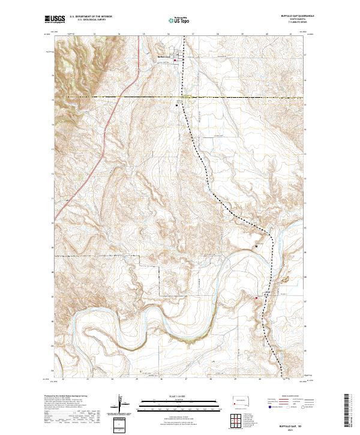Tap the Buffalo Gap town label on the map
164,58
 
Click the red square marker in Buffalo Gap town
177,59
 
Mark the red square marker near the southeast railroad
257,298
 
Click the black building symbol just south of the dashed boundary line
176,104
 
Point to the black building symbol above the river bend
257,246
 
